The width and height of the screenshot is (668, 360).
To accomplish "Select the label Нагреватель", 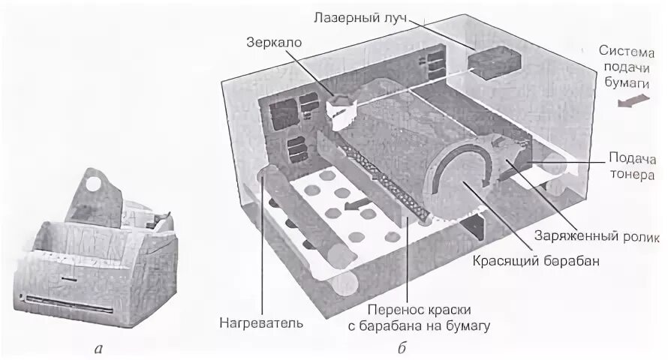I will [261, 324].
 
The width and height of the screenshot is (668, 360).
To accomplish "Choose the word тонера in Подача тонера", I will [633, 175].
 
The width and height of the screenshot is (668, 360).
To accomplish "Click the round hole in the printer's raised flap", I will [94, 181].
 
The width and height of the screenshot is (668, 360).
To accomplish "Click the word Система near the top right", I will [629, 50].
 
